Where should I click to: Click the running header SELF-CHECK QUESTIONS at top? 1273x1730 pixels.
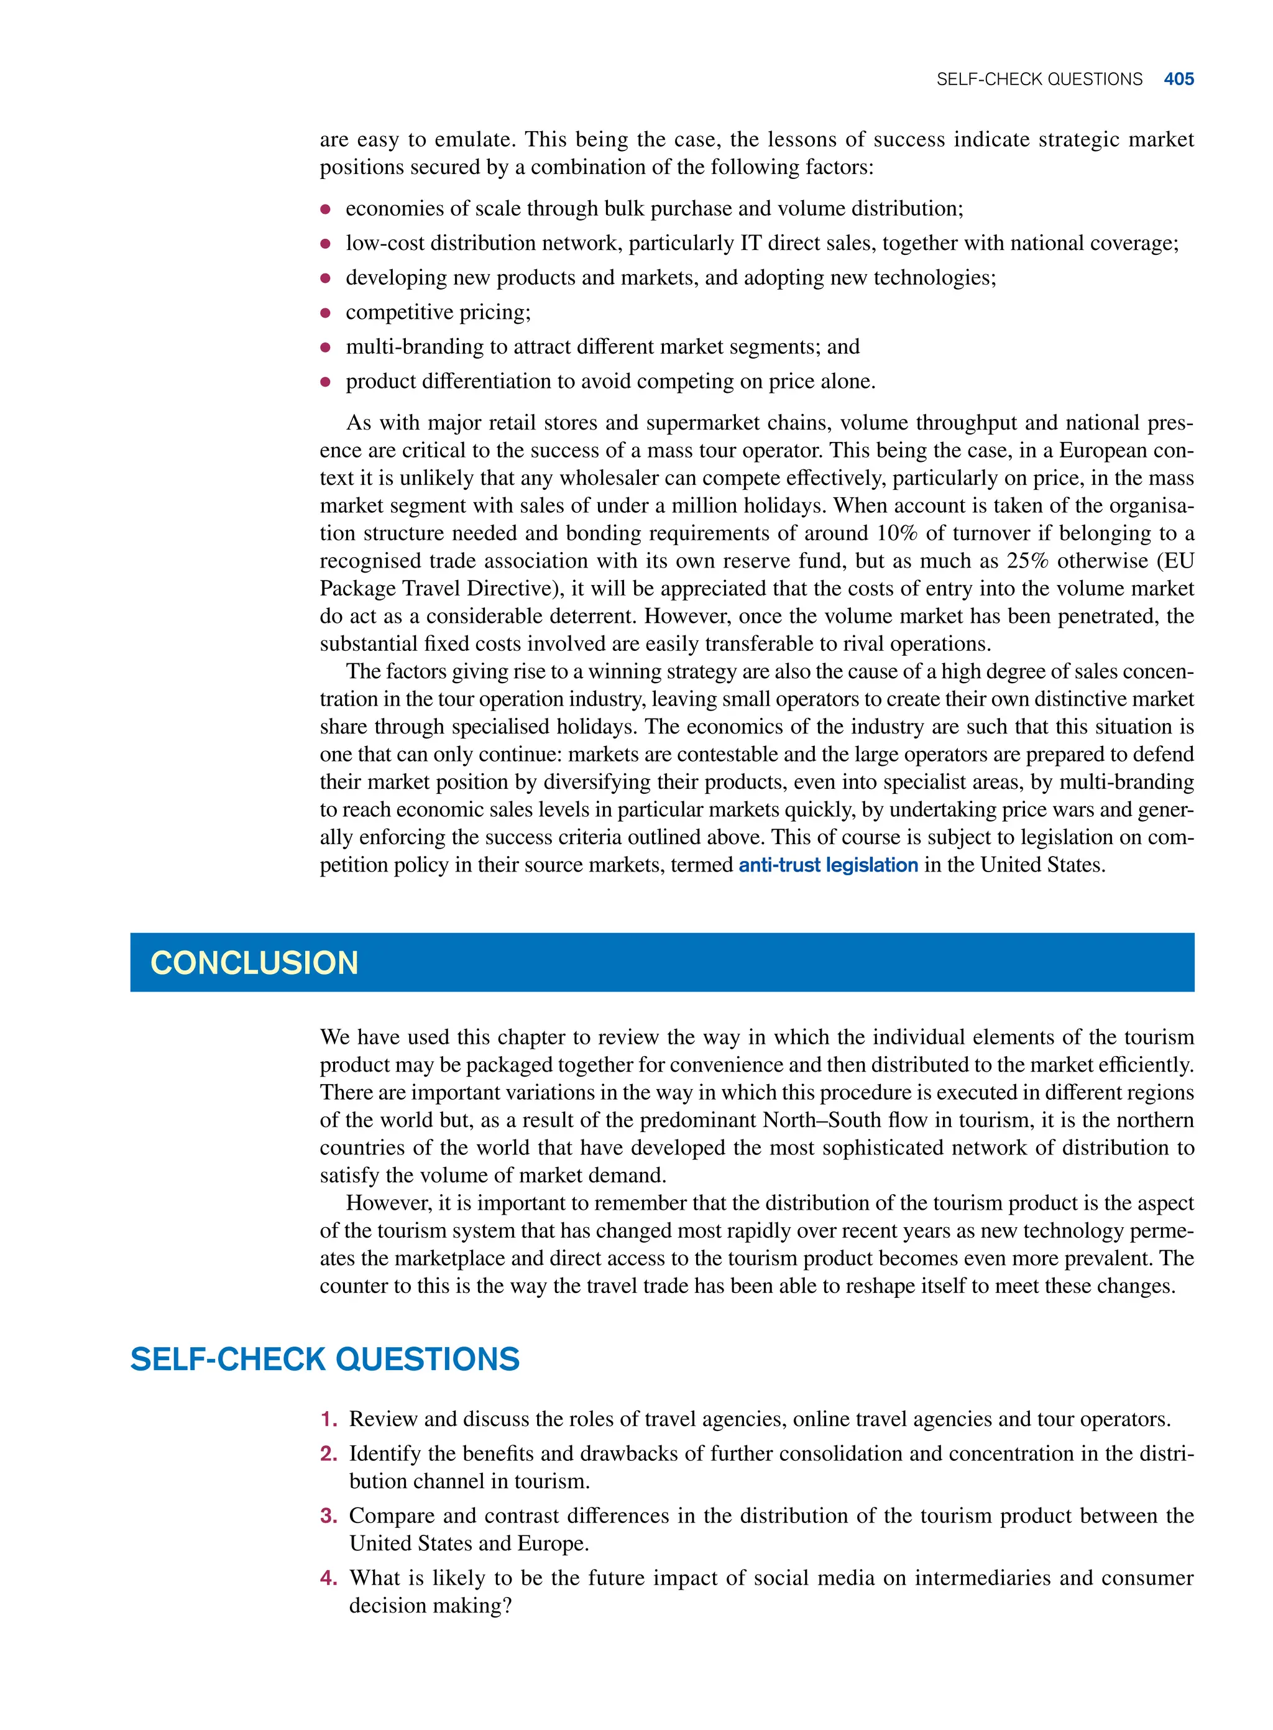[x=1039, y=80]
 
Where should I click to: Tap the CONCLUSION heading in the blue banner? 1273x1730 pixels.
[x=254, y=962]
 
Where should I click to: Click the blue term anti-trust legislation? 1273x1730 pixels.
[x=827, y=865]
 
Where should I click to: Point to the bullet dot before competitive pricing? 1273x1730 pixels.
[x=325, y=313]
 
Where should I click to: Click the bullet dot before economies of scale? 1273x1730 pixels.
[x=325, y=209]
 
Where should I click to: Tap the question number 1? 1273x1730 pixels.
[x=328, y=1419]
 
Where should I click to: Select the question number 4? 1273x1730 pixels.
[x=328, y=1578]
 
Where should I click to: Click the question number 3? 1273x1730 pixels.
[x=328, y=1515]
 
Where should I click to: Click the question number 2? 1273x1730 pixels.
[x=328, y=1453]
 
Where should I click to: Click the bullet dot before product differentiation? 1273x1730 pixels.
[x=325, y=382]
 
